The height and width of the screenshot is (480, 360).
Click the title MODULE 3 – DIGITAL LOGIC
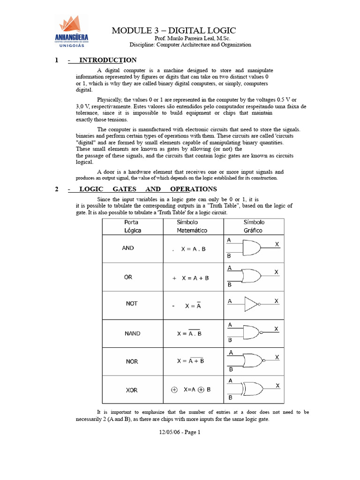[173, 30]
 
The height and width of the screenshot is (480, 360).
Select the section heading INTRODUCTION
[108, 60]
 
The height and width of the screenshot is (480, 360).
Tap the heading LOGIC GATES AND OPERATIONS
[148, 189]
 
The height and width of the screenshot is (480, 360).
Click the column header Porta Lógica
[132, 226]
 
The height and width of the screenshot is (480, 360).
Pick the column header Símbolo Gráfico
[254, 226]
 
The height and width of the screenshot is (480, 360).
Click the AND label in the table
[128, 248]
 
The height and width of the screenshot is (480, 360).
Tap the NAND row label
[132, 334]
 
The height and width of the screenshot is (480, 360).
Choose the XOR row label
[132, 390]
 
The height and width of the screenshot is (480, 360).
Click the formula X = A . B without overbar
[193, 249]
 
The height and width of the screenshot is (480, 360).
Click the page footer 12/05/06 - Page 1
[180, 432]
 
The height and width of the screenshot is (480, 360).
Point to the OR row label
[128, 277]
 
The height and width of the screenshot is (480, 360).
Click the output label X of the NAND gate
[277, 329]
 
